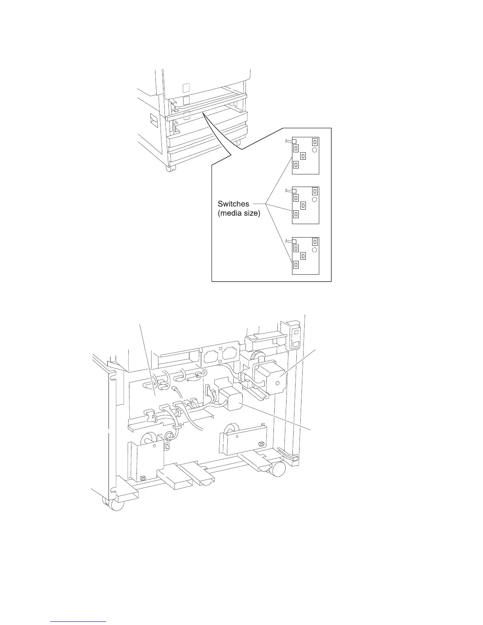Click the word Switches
(x=233, y=204)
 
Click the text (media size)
(x=239, y=215)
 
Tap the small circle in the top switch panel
(x=315, y=150)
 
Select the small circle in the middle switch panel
(x=315, y=200)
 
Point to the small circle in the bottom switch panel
(x=315, y=250)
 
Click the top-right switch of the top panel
(x=315, y=142)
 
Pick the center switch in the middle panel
(x=303, y=206)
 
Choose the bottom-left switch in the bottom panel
(x=296, y=264)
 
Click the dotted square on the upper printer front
(x=186, y=87)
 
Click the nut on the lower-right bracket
(x=260, y=445)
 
